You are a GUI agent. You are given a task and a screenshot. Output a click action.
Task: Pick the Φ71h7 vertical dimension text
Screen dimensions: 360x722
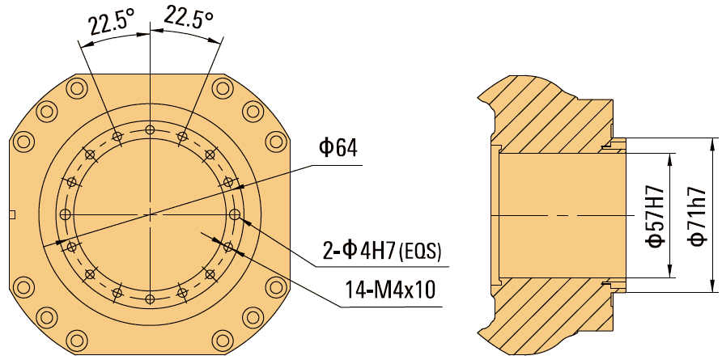click(695, 215)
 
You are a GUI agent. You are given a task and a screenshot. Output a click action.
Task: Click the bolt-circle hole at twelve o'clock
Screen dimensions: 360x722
click(149, 129)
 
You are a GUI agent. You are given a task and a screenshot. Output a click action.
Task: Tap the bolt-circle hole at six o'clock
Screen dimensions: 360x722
click(149, 299)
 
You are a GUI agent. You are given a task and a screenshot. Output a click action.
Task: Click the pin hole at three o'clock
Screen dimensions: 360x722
click(235, 214)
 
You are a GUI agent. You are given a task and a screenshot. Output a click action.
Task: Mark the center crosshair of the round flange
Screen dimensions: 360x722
click(149, 214)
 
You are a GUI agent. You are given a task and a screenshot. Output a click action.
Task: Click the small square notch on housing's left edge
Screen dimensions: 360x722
click(11, 214)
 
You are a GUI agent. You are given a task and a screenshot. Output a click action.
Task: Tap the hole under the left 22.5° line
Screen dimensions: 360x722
click(117, 137)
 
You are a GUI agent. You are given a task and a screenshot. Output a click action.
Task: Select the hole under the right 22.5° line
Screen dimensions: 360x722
click(182, 137)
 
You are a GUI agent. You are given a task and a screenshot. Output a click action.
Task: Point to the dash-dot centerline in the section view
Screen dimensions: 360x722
click(558, 216)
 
